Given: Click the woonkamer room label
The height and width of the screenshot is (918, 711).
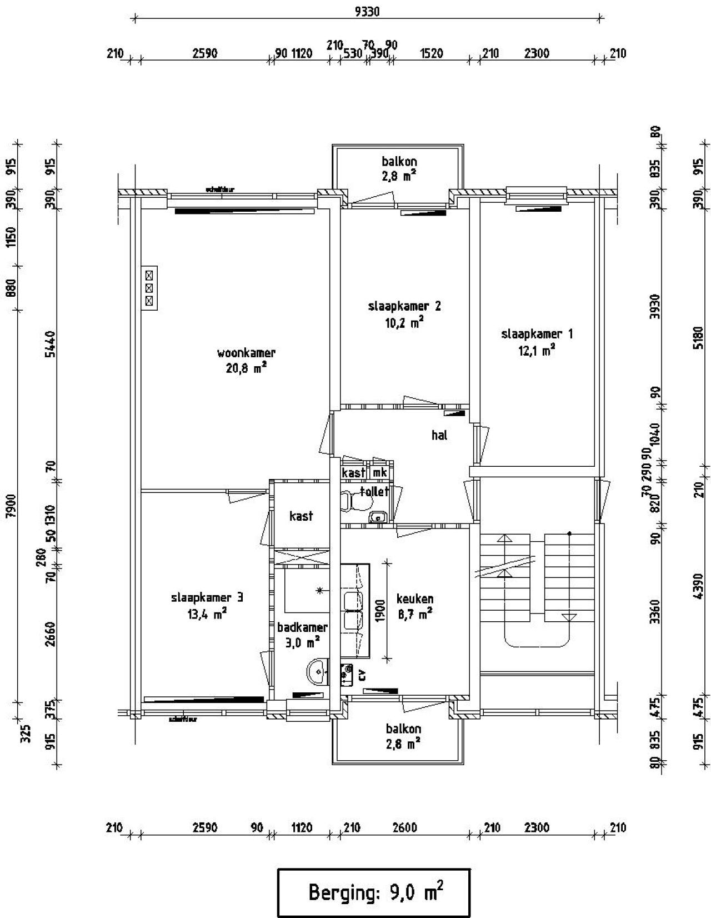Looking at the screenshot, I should click(246, 353).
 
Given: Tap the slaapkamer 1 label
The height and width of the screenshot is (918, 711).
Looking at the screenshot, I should click(537, 334).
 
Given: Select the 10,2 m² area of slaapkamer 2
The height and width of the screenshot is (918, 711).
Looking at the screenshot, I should click(404, 322).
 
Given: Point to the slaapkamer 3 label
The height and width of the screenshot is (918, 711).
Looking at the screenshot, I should click(207, 598).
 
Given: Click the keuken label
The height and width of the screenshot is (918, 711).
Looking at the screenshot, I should click(414, 599).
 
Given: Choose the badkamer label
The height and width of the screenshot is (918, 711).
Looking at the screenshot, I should click(302, 627).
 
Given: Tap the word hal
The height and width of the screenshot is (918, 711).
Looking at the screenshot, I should click(439, 435).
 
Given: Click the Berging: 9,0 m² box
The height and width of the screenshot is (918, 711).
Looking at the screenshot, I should click(374, 893).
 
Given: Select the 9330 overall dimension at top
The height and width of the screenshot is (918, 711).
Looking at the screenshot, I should click(367, 12).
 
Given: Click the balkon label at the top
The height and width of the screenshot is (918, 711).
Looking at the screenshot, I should click(399, 162).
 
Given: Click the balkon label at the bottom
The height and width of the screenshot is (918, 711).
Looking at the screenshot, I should click(403, 729).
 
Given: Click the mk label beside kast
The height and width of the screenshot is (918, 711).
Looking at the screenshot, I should click(380, 473).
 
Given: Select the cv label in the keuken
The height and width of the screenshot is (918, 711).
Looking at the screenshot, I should click(362, 675).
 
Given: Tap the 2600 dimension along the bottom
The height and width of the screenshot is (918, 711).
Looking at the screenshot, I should click(404, 828).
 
